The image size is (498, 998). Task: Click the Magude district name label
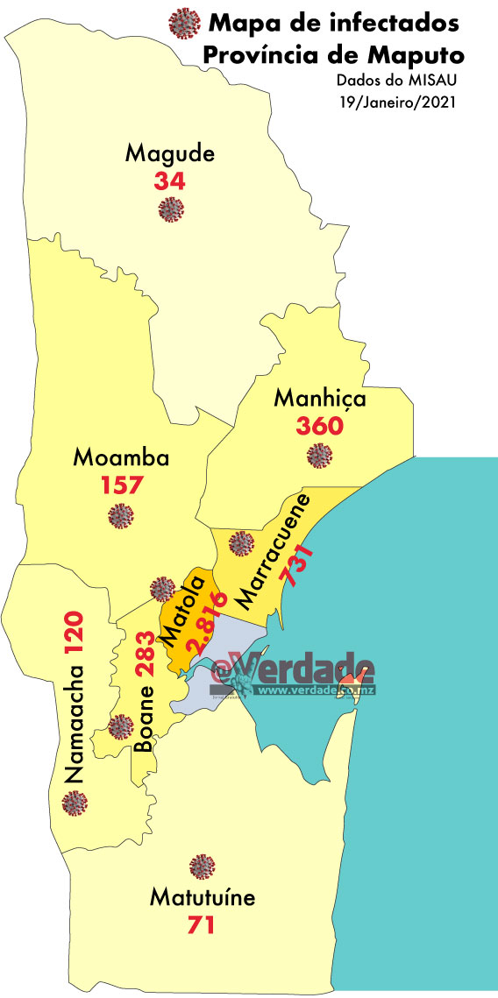coord(170,154)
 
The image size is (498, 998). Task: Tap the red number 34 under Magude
coord(169,181)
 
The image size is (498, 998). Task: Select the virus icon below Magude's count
coord(170,209)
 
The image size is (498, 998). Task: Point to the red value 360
coord(320,427)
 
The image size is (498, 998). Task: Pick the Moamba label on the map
coord(121,457)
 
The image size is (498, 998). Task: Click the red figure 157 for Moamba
coord(121,485)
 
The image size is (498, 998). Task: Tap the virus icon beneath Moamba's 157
coord(119,517)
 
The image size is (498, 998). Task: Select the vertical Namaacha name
coord(74,724)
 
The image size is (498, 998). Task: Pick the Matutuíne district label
coord(203,898)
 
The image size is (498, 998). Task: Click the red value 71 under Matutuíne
coord(202,924)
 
